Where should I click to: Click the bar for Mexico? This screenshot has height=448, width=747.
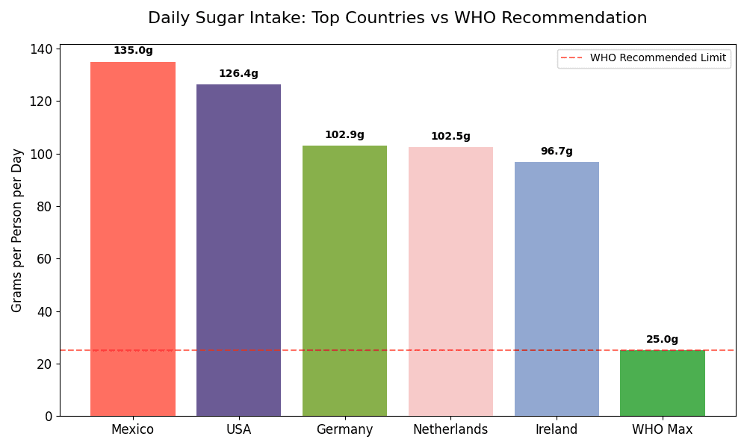click(x=133, y=239)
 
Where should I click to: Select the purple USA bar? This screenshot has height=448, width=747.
click(x=238, y=250)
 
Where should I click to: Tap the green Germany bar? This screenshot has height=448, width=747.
click(x=344, y=281)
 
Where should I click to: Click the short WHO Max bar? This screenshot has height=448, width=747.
click(x=663, y=383)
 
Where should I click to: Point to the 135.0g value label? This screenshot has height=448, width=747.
click(x=133, y=51)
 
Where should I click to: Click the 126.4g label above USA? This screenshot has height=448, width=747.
click(x=238, y=74)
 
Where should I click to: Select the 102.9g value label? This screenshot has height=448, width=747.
click(x=344, y=135)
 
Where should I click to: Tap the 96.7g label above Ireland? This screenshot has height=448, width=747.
click(x=557, y=152)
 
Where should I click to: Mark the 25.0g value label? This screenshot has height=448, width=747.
click(x=663, y=340)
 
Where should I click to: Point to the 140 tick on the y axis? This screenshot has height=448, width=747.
click(x=41, y=49)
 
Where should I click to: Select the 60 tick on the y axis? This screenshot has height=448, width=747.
click(x=46, y=259)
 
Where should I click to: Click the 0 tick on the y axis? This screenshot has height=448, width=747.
click(x=49, y=417)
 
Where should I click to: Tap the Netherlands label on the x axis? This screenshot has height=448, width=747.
click(x=450, y=430)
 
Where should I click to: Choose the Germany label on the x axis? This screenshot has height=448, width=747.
click(x=344, y=430)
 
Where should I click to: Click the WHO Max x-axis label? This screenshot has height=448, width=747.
click(x=663, y=430)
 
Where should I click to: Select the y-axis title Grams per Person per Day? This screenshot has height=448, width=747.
click(x=17, y=230)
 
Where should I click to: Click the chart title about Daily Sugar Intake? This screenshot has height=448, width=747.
click(x=397, y=19)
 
